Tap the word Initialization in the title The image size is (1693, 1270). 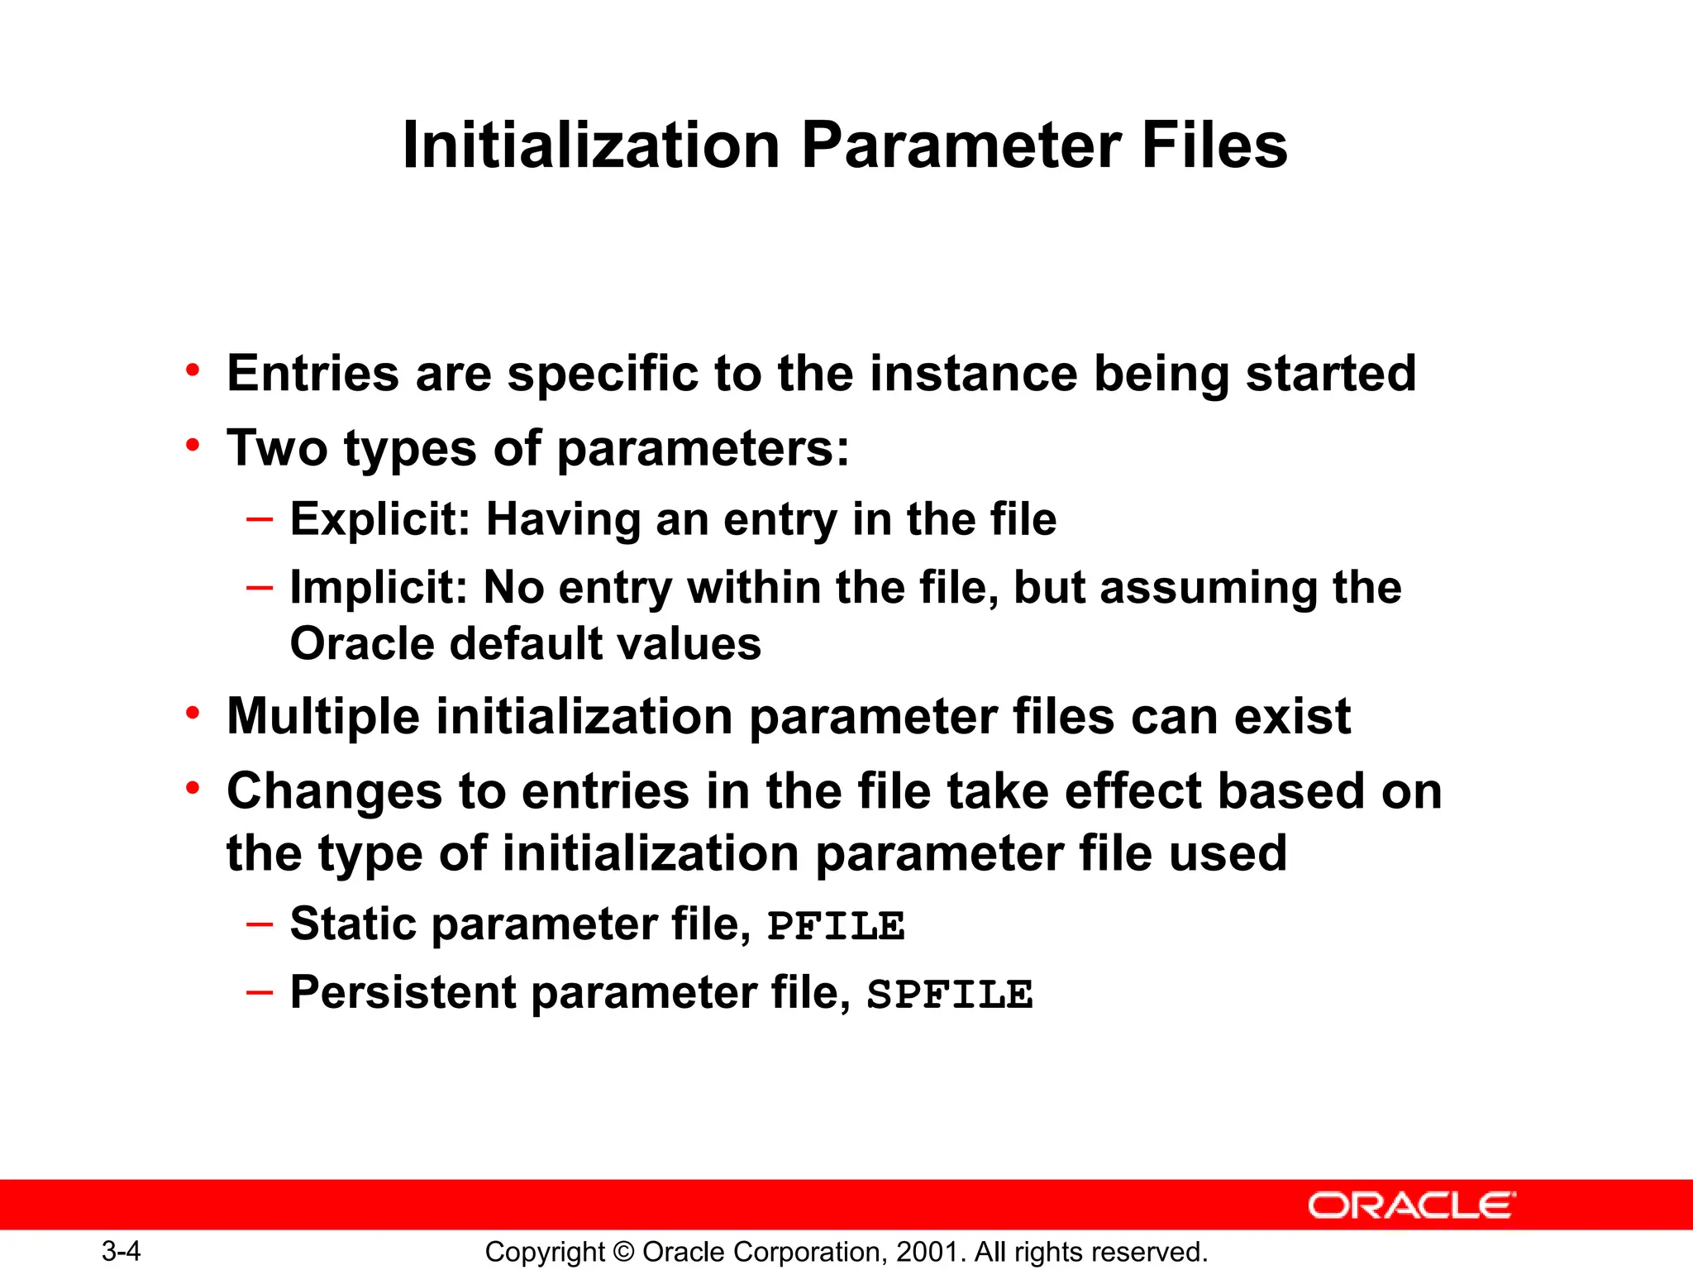click(x=591, y=146)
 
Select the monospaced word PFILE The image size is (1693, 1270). click(x=836, y=926)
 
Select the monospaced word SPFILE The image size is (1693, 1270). click(x=950, y=995)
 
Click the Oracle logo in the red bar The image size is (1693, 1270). click(x=1411, y=1206)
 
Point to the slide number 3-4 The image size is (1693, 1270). click(x=122, y=1251)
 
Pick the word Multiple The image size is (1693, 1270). click(x=322, y=716)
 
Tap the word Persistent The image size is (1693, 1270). click(x=403, y=992)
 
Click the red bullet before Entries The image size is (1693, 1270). click(x=193, y=370)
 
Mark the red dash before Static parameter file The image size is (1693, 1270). click(x=259, y=923)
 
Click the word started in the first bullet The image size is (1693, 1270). click(x=1331, y=374)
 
